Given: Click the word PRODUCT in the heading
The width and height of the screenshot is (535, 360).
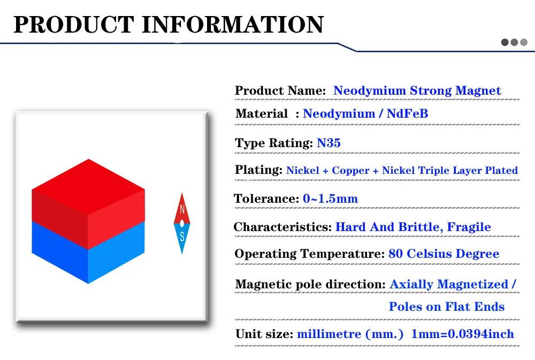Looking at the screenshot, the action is point(74,24).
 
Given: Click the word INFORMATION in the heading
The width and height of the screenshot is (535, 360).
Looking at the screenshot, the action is point(233,24).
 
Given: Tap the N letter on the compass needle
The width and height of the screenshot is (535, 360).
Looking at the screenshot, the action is point(182,210).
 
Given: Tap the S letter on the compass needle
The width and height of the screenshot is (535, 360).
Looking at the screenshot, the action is point(182,236).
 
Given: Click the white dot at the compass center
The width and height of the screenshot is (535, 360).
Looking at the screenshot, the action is point(182,224).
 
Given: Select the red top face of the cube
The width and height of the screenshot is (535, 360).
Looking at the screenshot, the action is point(88,187).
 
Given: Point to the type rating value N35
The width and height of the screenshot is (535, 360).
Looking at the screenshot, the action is point(328,143).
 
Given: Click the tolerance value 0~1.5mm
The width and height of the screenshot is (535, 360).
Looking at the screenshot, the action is point(330,198).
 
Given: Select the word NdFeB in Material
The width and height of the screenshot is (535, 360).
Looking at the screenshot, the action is point(407,113).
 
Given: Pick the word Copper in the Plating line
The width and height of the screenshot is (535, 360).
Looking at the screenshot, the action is point(350,170).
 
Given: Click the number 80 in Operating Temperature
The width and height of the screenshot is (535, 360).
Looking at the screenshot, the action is point(395,254).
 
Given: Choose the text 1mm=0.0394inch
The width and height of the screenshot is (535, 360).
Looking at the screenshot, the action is point(462,334).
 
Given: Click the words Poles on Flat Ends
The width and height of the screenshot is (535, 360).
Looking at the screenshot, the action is point(447,307).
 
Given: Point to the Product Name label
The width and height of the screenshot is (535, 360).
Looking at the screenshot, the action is point(280,90).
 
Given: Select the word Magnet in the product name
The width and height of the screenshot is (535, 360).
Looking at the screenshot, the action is point(478,90).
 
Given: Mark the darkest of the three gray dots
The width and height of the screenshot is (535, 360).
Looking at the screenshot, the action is point(505,42).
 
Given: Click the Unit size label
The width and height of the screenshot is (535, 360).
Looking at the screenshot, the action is point(264,334).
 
